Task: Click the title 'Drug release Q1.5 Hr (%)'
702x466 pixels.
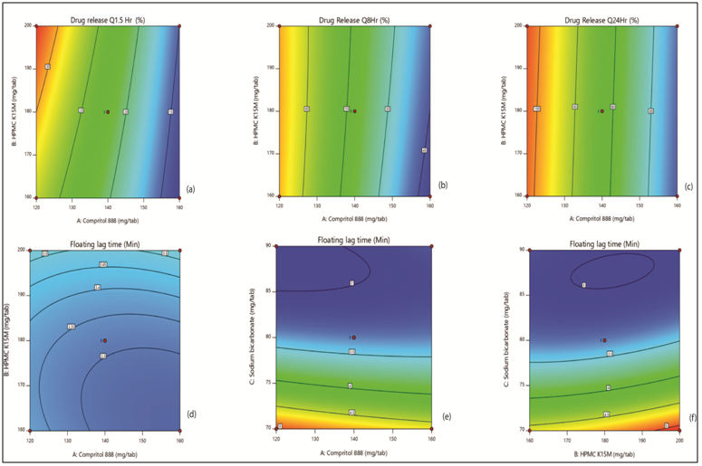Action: [107, 19]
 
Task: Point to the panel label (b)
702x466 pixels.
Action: [443, 185]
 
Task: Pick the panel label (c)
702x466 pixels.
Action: [690, 187]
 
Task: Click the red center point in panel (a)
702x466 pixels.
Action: [108, 111]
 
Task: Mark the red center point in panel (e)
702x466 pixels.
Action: [354, 338]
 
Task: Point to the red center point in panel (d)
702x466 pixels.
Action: [106, 340]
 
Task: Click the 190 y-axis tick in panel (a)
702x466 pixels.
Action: [23, 69]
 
